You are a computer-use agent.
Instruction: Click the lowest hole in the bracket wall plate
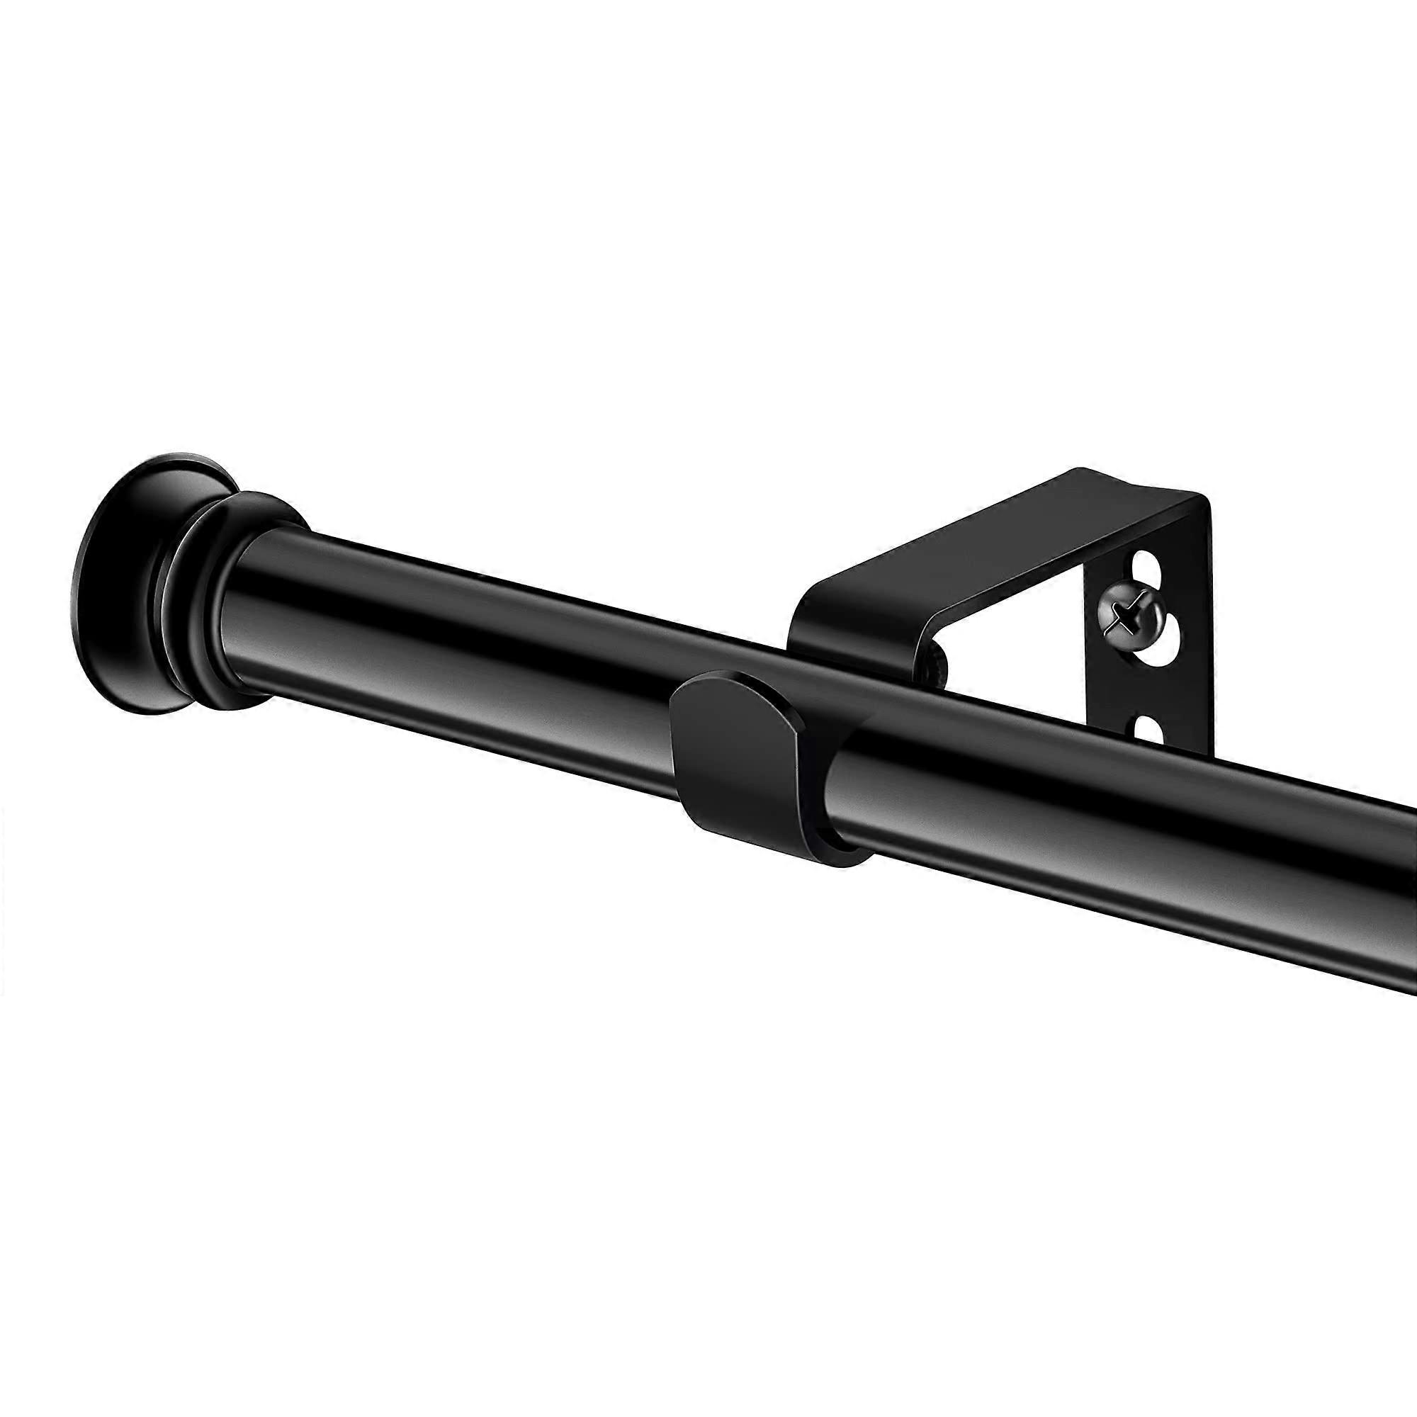(1148, 728)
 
